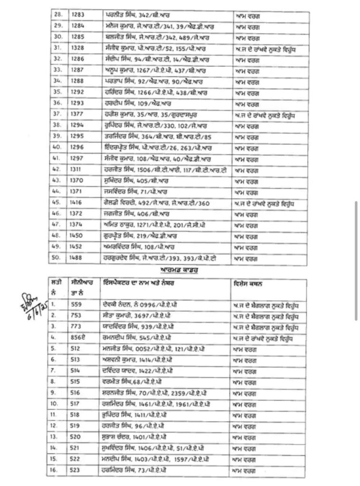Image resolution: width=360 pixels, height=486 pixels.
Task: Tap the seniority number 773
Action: pyautogui.click(x=75, y=327)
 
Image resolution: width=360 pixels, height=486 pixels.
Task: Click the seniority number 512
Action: pyautogui.click(x=75, y=349)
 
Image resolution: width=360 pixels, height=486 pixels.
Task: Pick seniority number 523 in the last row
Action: pyautogui.click(x=75, y=470)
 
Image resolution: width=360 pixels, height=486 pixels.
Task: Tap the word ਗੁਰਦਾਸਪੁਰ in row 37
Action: pyautogui.click(x=192, y=114)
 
